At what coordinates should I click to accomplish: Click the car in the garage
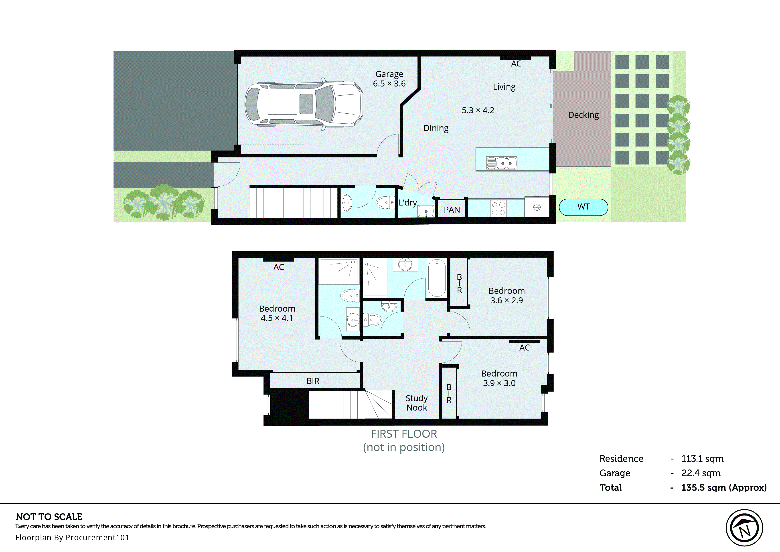pos(304,104)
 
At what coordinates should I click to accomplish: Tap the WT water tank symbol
pos(583,207)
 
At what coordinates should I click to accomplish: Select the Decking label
pos(583,115)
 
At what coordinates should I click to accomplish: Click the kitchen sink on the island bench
pos(502,163)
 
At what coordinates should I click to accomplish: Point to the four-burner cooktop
pos(498,208)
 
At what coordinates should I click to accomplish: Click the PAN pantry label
pos(452,210)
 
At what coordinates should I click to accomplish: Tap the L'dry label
pos(408,203)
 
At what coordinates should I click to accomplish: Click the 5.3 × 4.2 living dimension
pos(478,110)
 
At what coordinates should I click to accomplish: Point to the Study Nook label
pos(417,403)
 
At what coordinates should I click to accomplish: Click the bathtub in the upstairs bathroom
pos(437,278)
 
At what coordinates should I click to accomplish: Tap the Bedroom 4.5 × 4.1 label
pos(277,313)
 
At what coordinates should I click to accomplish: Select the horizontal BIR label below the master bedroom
pos(313,381)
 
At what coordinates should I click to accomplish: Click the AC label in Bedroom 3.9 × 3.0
pos(524,348)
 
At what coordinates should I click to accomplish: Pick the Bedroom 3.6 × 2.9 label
pos(506,295)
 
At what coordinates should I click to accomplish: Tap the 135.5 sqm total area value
pos(723,488)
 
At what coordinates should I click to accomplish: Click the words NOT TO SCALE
pos(49,517)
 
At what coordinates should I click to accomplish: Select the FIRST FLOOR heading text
pos(404,434)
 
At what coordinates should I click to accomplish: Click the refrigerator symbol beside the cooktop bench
pos(537,207)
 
